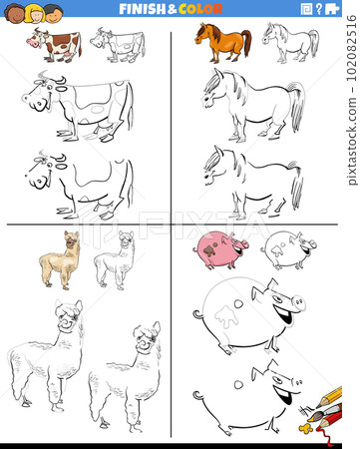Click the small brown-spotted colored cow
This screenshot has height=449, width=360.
pos(56,44)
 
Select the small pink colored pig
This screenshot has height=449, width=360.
pos(220,249)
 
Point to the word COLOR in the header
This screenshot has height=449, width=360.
pos(203,8)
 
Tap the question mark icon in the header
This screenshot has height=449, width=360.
pos(319,8)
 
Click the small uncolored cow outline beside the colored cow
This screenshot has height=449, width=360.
pos(118,45)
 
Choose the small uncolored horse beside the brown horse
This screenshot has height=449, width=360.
pos(288,42)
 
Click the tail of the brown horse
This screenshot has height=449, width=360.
pos(246,43)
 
